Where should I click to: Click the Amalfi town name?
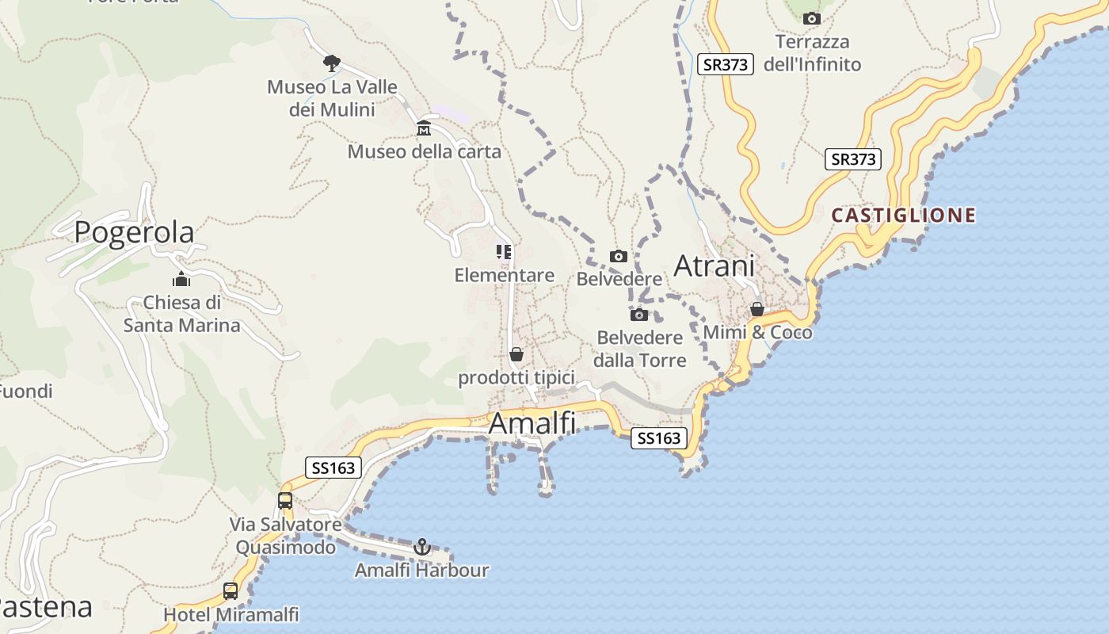[x=532, y=423]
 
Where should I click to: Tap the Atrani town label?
[x=714, y=266]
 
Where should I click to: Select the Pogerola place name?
[x=134, y=232]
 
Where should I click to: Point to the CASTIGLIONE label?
[x=903, y=215]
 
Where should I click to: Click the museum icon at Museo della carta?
[x=424, y=128]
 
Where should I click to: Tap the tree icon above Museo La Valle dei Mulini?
[x=332, y=63]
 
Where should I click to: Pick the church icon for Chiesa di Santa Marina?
[x=181, y=279]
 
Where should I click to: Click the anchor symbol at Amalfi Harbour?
[x=422, y=546]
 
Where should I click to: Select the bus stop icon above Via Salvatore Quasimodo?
[x=285, y=501]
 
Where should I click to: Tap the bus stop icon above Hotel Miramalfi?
[x=231, y=590]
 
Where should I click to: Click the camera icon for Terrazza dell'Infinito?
[x=811, y=18]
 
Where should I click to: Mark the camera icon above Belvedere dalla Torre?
[x=639, y=315]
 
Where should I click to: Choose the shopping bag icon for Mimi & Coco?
[x=757, y=309]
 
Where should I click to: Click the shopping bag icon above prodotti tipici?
[x=516, y=354]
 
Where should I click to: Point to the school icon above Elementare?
[x=504, y=252]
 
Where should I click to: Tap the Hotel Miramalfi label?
[x=231, y=614]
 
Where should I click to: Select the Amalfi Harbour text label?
[x=421, y=570]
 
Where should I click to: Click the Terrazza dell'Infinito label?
[x=812, y=52]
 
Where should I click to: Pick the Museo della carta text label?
[x=425, y=151]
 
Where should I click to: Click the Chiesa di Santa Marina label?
[x=182, y=314]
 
